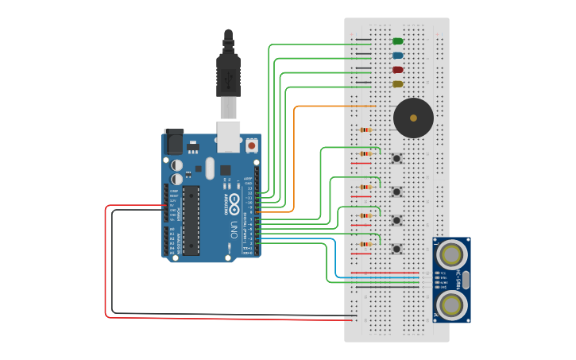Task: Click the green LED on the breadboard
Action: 397,41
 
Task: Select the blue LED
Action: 397,56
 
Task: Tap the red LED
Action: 397,70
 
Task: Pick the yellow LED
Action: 397,84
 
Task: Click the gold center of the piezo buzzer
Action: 413,118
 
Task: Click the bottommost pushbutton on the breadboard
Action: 396,249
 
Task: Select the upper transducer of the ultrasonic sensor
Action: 451,254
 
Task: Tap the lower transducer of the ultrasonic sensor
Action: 451,304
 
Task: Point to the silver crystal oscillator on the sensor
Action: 466,279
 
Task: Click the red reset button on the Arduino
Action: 252,145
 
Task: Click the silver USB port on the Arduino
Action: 229,137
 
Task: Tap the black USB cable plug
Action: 228,75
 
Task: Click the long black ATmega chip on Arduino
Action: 191,220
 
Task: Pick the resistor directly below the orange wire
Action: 365,130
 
